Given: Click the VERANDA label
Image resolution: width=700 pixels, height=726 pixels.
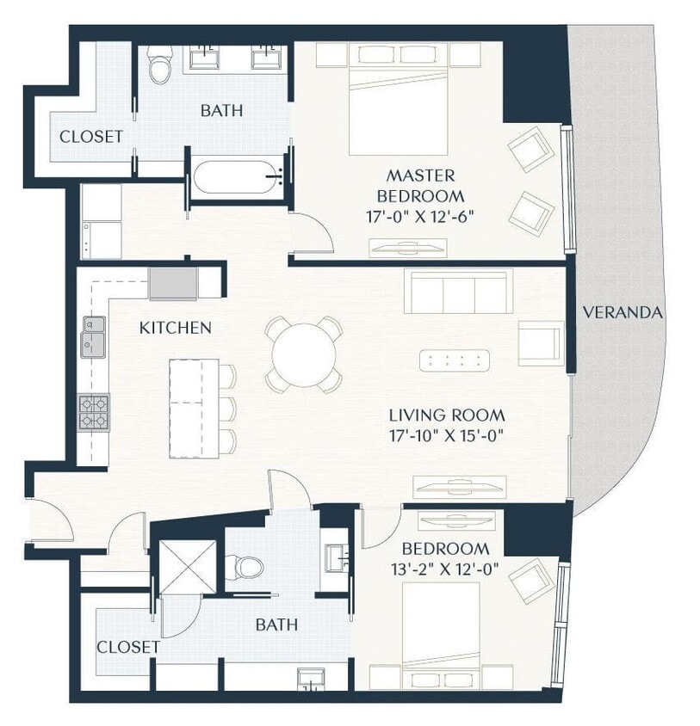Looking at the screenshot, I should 623,313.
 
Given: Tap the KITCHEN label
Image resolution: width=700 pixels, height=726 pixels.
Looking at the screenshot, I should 176,328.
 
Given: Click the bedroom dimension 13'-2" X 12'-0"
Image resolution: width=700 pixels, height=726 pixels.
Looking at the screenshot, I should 446,569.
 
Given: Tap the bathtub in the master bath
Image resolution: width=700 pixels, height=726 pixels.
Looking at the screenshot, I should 238,180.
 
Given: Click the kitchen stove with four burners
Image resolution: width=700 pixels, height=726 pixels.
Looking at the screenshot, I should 93,412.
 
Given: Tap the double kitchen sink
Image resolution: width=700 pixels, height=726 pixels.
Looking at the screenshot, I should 93,336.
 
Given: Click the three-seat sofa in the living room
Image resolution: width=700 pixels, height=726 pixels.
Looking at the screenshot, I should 459,292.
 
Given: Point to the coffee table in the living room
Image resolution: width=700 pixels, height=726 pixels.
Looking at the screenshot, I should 455,360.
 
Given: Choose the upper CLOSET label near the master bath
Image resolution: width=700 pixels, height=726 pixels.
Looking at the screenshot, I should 90,137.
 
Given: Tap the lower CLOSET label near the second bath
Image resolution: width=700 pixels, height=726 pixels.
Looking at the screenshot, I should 127,646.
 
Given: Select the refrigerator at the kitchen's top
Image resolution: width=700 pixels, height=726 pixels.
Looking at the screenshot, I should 173,283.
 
